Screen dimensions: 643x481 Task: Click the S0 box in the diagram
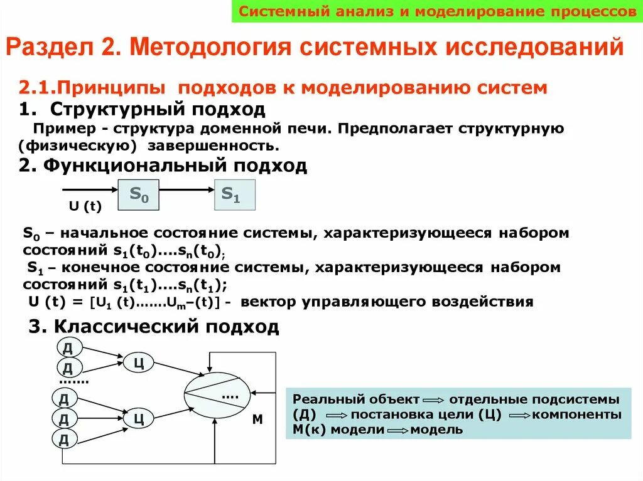click(139, 194)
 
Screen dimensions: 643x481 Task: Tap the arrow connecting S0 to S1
click(186, 189)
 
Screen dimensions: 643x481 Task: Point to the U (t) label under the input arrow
click(85, 206)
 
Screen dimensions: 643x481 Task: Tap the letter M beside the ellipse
click(257, 420)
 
